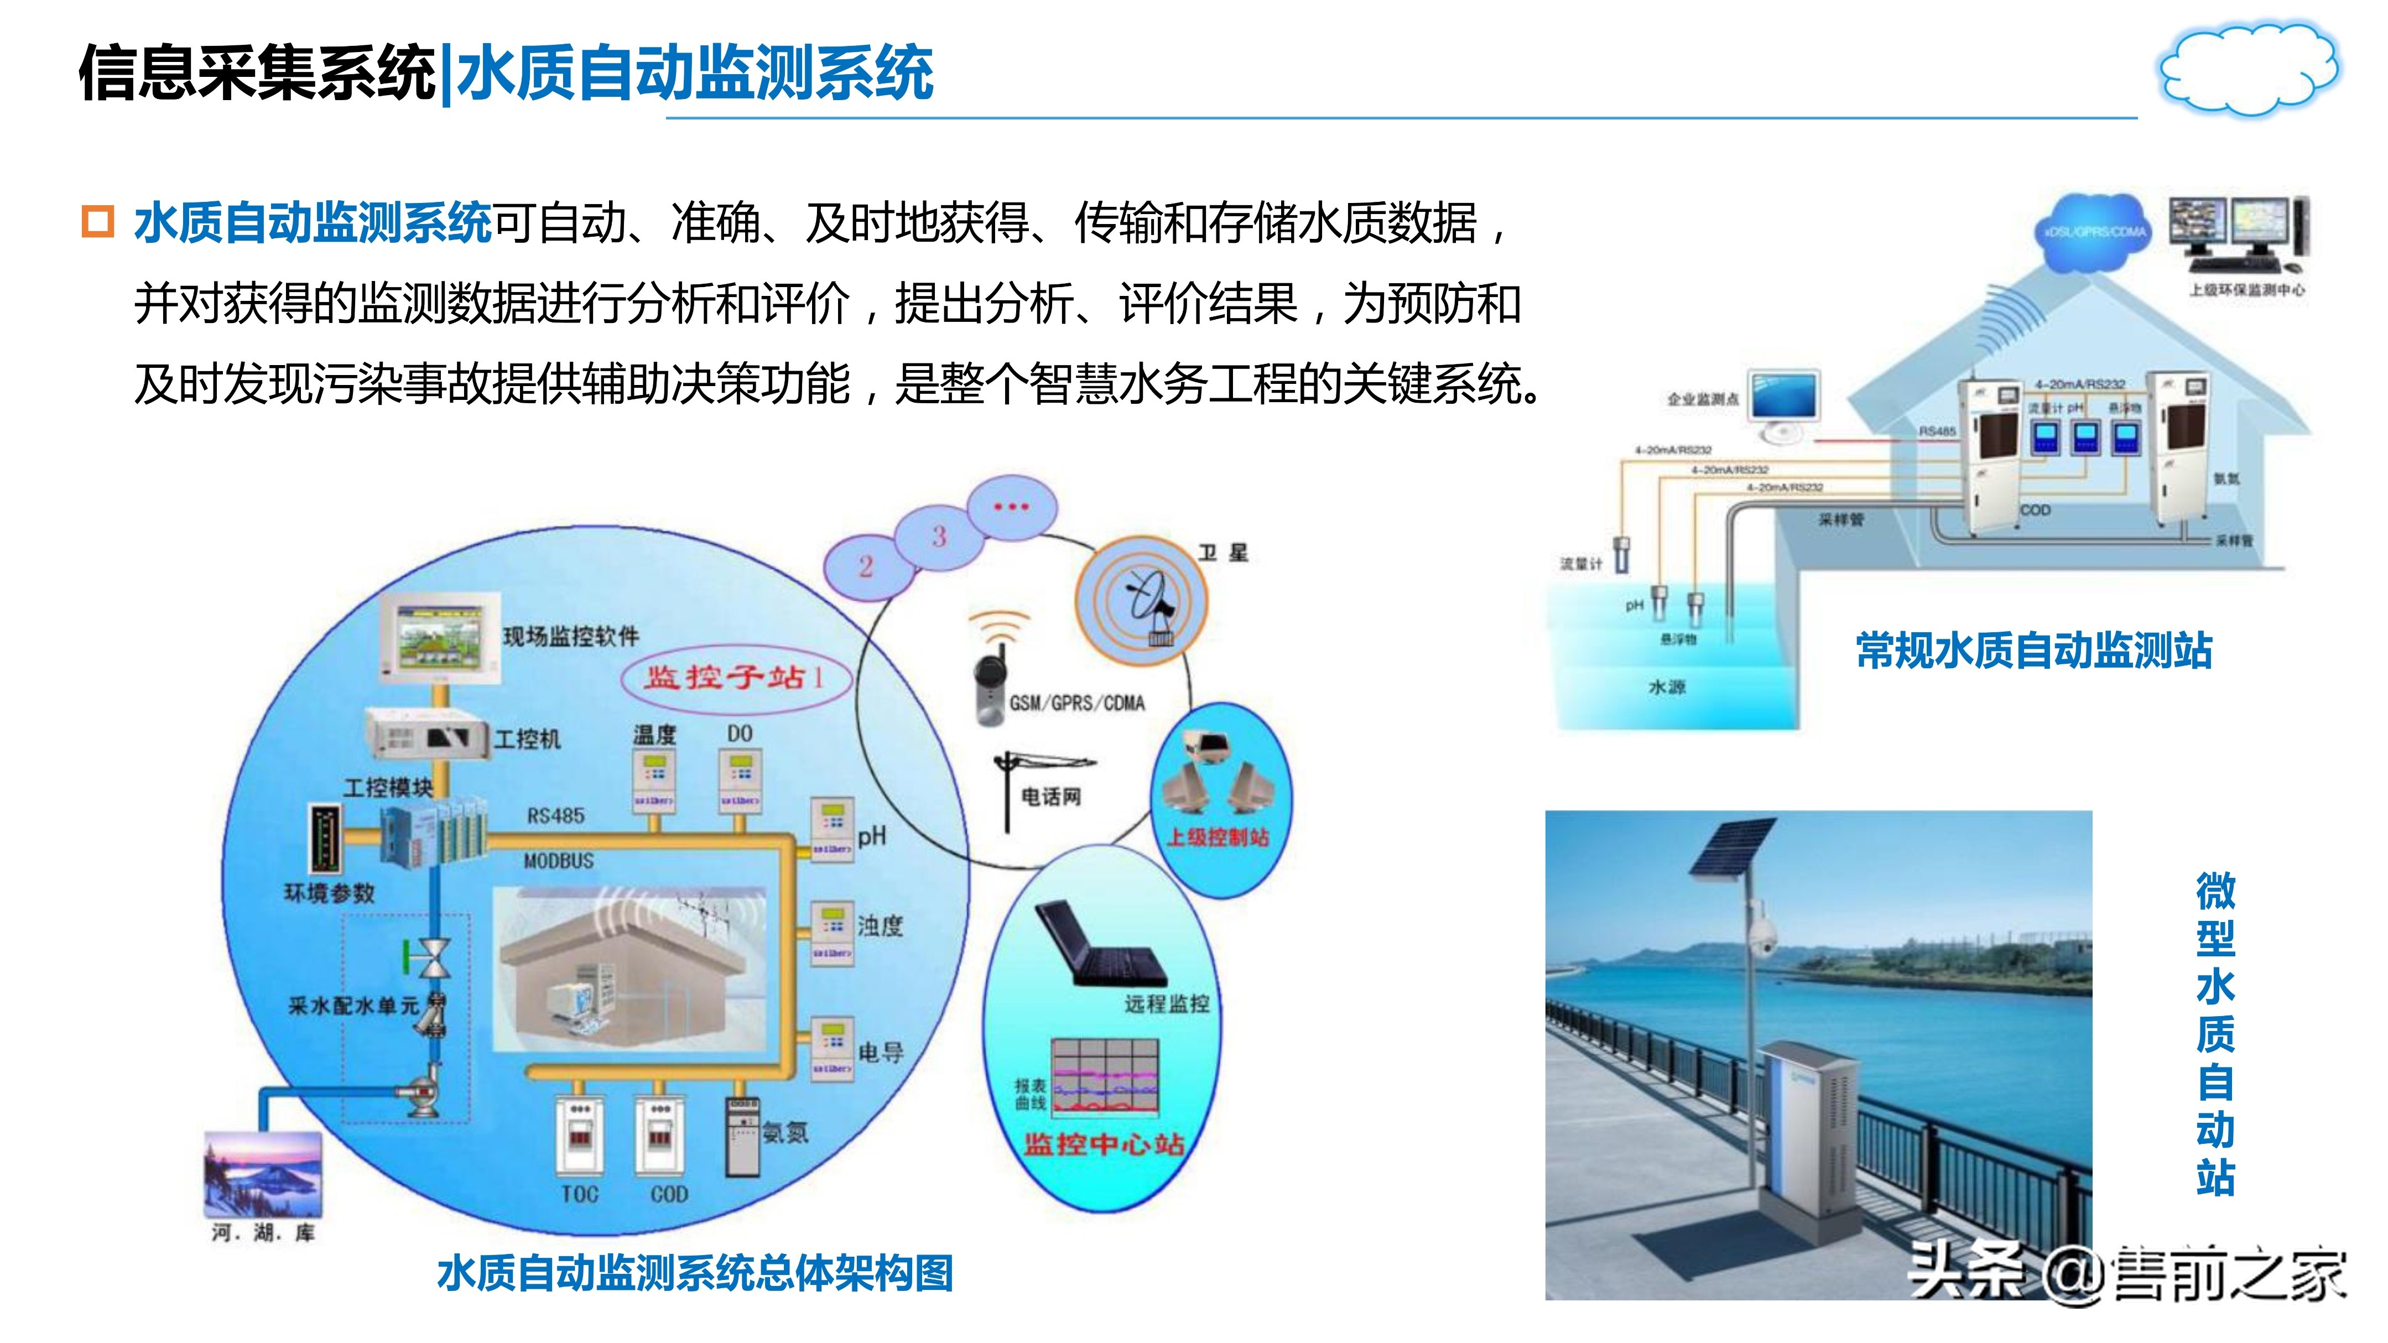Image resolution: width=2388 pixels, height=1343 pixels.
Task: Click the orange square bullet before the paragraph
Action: (x=97, y=222)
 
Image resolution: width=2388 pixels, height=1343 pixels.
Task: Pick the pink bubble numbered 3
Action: (x=938, y=536)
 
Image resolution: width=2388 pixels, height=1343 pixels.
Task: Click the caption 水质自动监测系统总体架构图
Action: (x=695, y=1273)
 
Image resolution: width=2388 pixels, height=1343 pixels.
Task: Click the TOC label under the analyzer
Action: (x=579, y=1194)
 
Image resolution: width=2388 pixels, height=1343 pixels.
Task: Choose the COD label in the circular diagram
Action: (x=668, y=1194)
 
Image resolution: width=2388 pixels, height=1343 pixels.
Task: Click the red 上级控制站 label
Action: (x=1216, y=837)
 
